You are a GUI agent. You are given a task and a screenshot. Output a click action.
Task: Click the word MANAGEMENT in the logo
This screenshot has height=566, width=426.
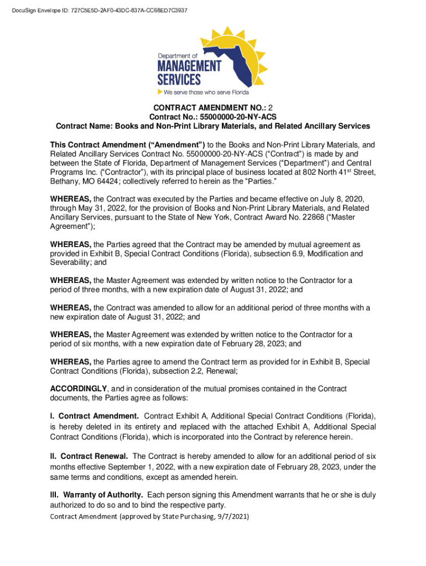189,66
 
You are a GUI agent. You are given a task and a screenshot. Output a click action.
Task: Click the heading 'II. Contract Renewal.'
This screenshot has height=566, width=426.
89,456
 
